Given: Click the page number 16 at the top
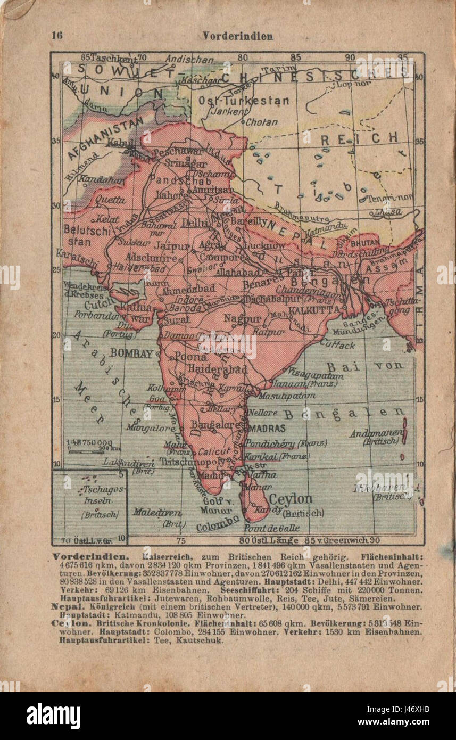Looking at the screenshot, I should pos(57,36).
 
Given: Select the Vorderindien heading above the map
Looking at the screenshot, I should pos(237,36).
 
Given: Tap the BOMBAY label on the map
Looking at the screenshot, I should pos(131,353).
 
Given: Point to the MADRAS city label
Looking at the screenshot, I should pos(268,428).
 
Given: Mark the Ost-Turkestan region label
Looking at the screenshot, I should pos(244,101).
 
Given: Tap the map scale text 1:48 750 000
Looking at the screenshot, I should pos(90,442).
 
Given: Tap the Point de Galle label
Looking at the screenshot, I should pos(271,528).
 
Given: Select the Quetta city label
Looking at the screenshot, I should pos(111,200).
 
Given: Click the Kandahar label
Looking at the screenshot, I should pos(99,180).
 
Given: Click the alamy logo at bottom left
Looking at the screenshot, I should pos(53,716).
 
